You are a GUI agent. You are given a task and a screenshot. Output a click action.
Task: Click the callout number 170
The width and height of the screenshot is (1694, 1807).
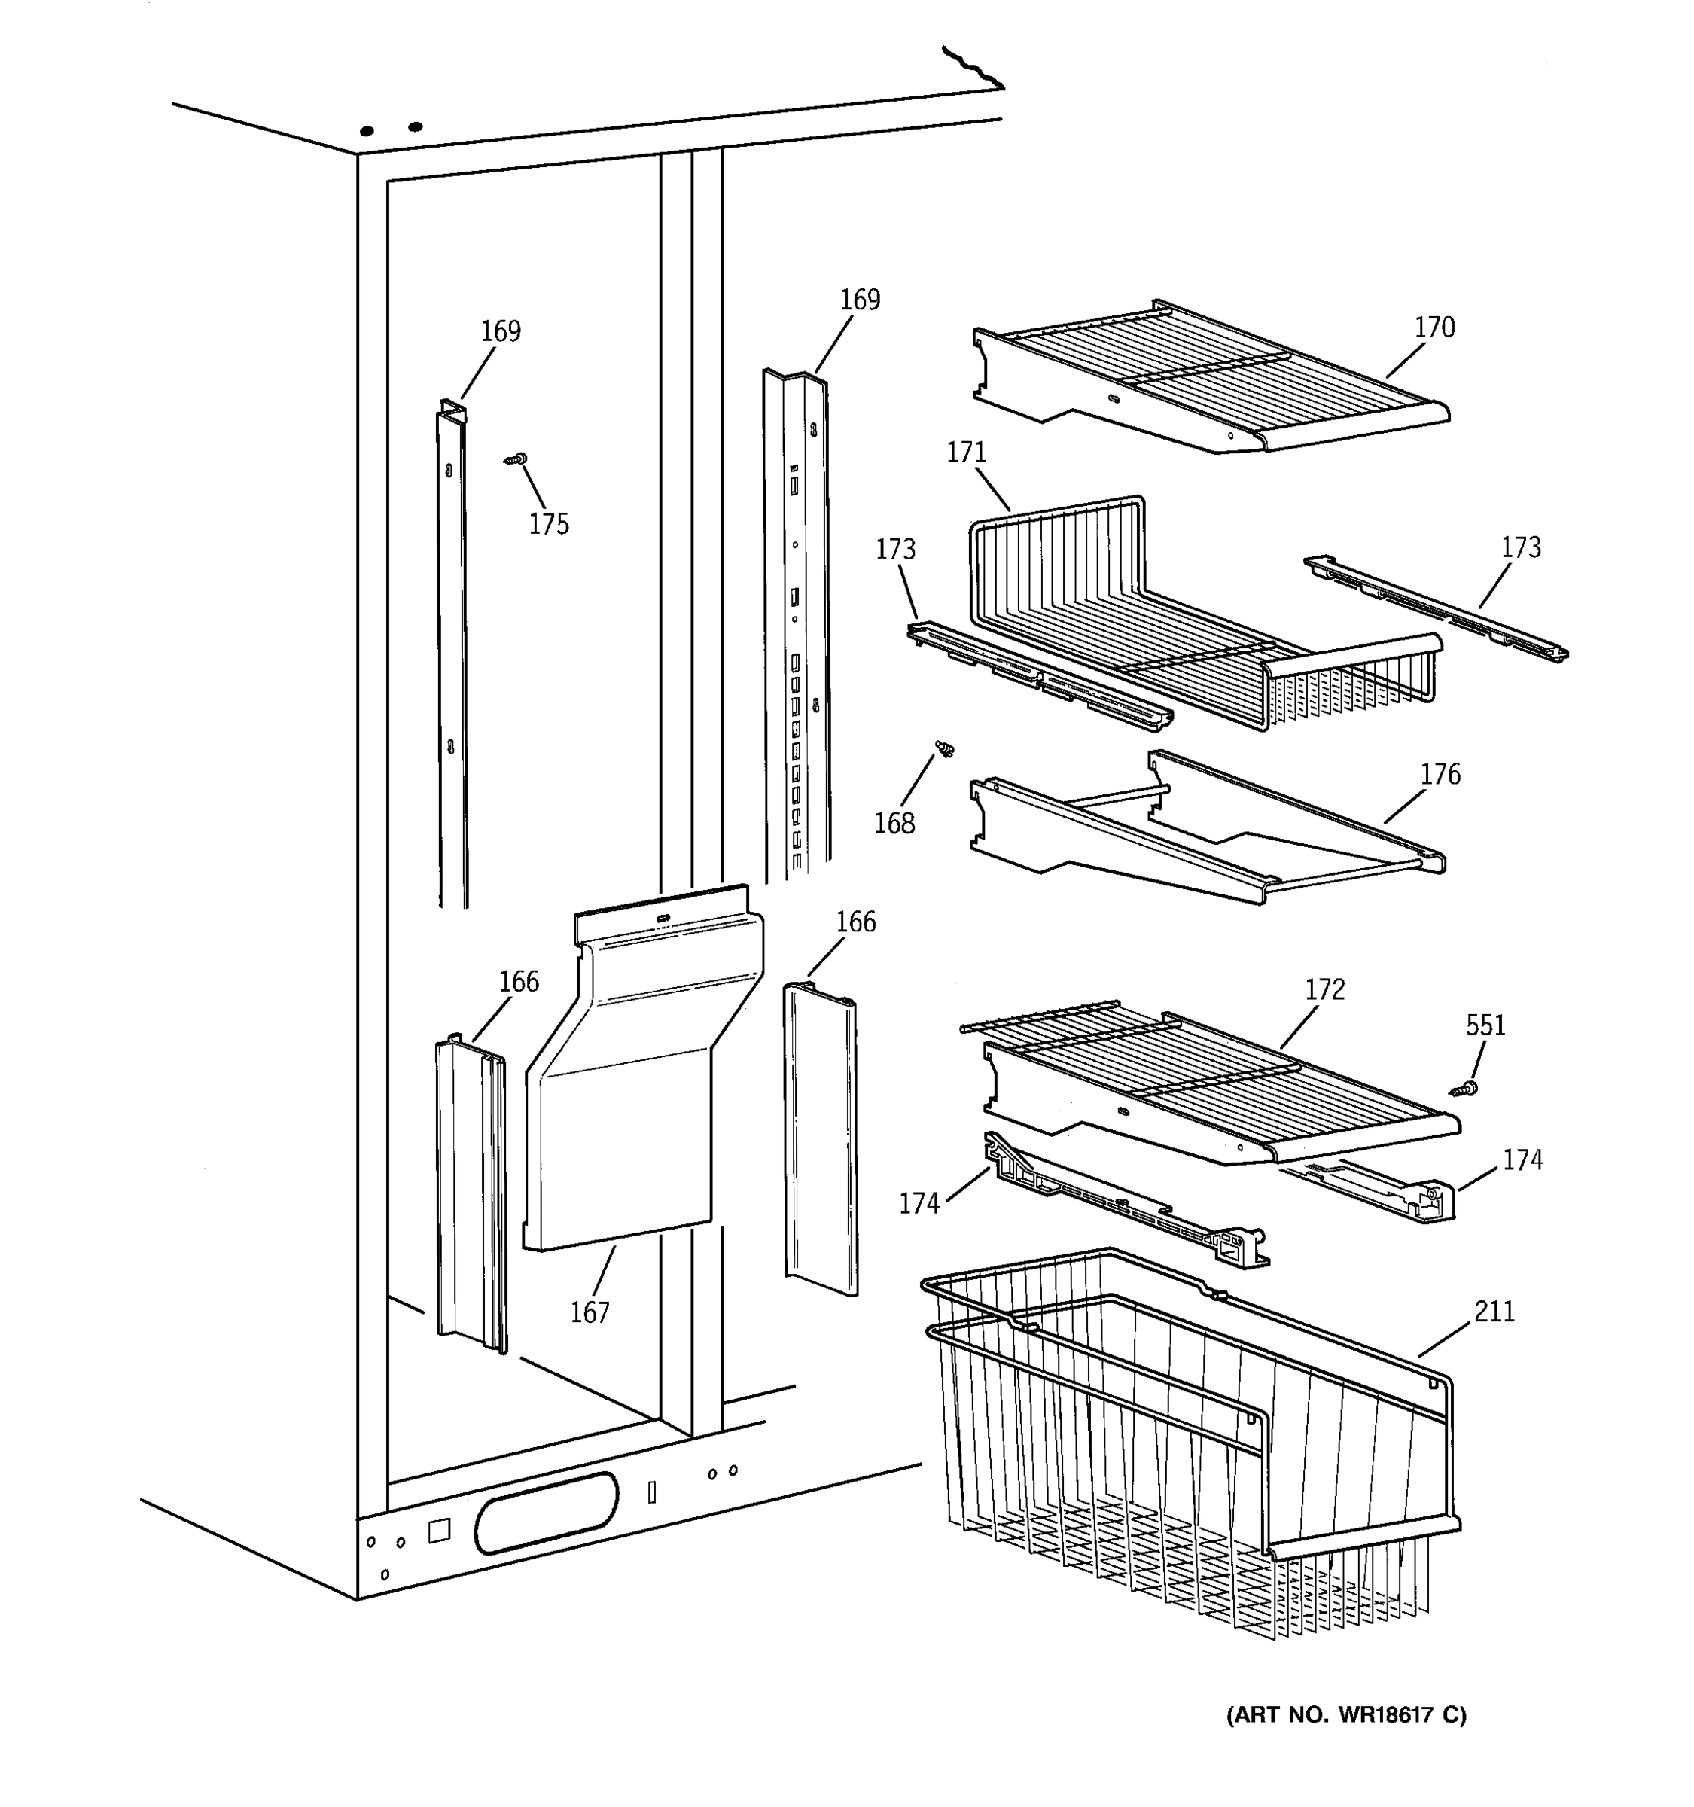1434,328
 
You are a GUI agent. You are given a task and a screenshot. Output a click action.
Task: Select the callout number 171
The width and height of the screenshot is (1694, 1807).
966,453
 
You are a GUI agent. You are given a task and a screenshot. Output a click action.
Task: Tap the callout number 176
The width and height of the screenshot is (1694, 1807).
1440,775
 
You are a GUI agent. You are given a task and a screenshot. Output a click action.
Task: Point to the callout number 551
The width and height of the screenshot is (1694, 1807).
1485,1025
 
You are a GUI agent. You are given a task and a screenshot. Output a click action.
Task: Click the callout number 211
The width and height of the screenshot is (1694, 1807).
1494,1312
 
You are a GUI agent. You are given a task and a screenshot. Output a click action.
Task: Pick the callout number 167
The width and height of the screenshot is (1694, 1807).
589,1312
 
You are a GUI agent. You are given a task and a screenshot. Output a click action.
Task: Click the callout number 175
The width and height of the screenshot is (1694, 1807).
548,525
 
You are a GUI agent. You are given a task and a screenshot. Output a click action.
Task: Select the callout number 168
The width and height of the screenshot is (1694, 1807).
894,824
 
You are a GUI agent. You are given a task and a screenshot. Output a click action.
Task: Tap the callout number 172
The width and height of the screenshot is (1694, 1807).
1324,989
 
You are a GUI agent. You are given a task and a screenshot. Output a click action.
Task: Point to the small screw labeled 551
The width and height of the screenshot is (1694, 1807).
1463,1088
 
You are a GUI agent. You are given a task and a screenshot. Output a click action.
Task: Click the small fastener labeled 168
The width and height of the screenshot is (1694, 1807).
945,749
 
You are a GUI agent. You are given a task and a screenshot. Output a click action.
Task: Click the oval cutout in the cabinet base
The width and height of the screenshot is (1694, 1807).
545,1513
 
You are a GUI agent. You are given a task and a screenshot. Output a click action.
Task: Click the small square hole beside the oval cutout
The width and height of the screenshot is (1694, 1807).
439,1531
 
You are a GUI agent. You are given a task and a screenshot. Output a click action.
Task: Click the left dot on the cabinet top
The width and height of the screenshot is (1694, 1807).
367,132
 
